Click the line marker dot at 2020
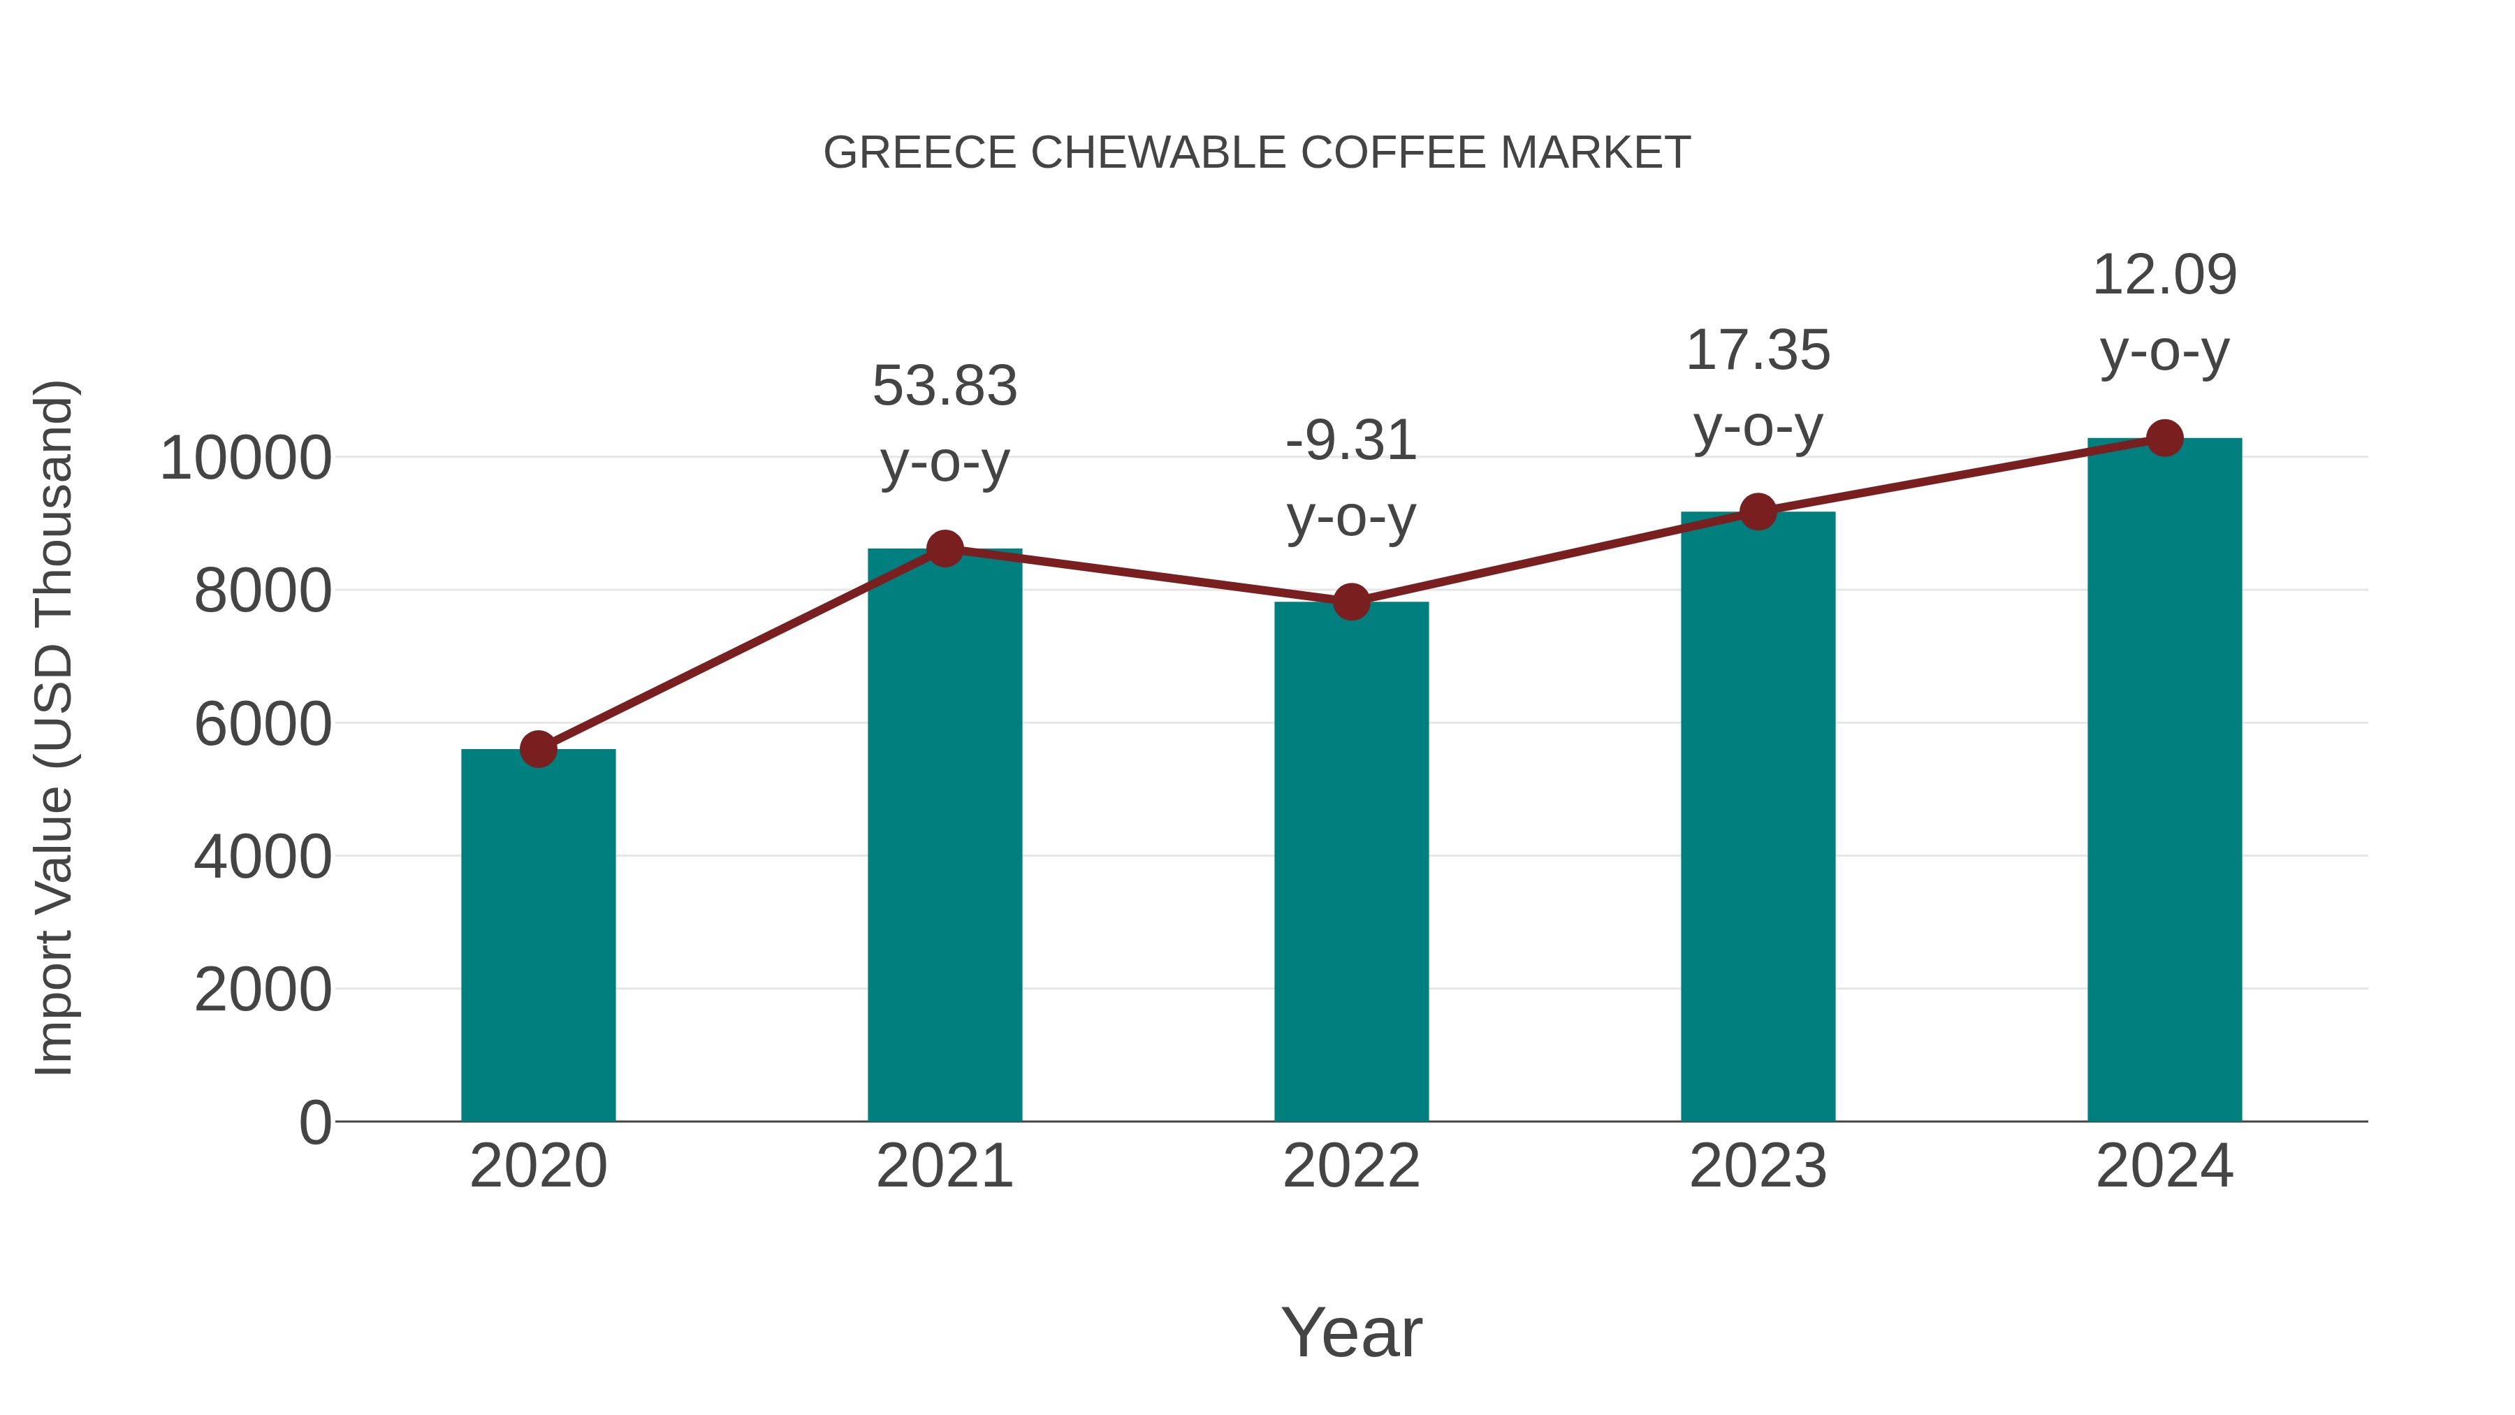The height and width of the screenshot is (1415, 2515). (x=538, y=749)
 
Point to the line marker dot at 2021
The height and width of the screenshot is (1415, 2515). (x=945, y=549)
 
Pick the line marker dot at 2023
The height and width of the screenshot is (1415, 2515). (x=1758, y=511)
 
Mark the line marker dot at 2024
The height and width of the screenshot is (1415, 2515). (x=2164, y=438)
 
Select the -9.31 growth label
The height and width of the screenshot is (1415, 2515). (x=1351, y=442)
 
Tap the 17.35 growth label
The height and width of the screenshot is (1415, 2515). (x=1758, y=351)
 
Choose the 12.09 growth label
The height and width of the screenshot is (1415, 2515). (x=2164, y=275)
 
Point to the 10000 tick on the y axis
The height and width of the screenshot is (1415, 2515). (x=246, y=458)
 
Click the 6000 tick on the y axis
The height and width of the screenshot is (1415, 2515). (x=263, y=725)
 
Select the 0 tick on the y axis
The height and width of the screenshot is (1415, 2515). (x=314, y=1123)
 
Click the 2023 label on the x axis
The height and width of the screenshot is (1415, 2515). (x=1758, y=1166)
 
